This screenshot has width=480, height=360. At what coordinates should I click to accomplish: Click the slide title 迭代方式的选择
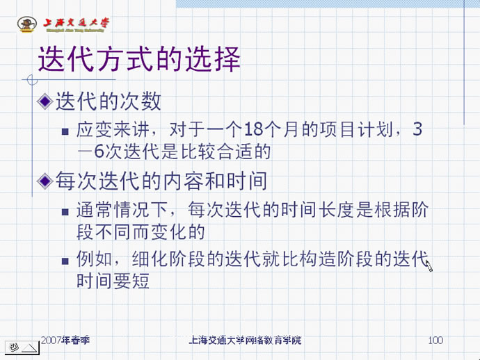pos(139,59)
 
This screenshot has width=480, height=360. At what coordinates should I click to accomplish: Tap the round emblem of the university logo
pos(27,24)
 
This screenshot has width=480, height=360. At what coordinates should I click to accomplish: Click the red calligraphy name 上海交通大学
pos(76,23)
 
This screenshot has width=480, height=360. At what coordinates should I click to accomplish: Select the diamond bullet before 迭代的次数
pos(45,101)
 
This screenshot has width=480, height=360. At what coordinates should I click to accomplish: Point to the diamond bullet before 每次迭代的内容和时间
pos(45,181)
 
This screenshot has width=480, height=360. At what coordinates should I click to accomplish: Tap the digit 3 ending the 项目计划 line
pos(417,129)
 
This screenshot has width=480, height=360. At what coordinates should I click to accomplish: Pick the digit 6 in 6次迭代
pos(99,151)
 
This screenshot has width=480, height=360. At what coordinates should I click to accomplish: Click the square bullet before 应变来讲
pos(65,131)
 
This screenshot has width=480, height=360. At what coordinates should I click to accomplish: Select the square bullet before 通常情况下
pos(65,212)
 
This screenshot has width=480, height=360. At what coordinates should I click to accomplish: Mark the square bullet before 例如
pos(65,261)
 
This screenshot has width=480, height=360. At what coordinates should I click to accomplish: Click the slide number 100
pos(435,340)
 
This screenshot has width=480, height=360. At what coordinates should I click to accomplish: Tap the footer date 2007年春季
pos(65,340)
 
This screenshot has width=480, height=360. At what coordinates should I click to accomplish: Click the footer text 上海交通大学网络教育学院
pos(245,340)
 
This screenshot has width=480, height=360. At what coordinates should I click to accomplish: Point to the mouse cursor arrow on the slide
pos(429,265)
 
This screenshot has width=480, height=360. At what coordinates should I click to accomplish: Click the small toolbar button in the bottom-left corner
pos(22,347)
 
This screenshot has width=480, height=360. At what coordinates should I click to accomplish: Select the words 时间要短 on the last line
pos(113,281)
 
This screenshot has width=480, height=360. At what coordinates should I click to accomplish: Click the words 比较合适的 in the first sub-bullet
pos(225,151)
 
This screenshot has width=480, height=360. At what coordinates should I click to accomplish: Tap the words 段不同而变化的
pos(141,232)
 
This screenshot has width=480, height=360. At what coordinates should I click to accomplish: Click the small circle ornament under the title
pos(32,80)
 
